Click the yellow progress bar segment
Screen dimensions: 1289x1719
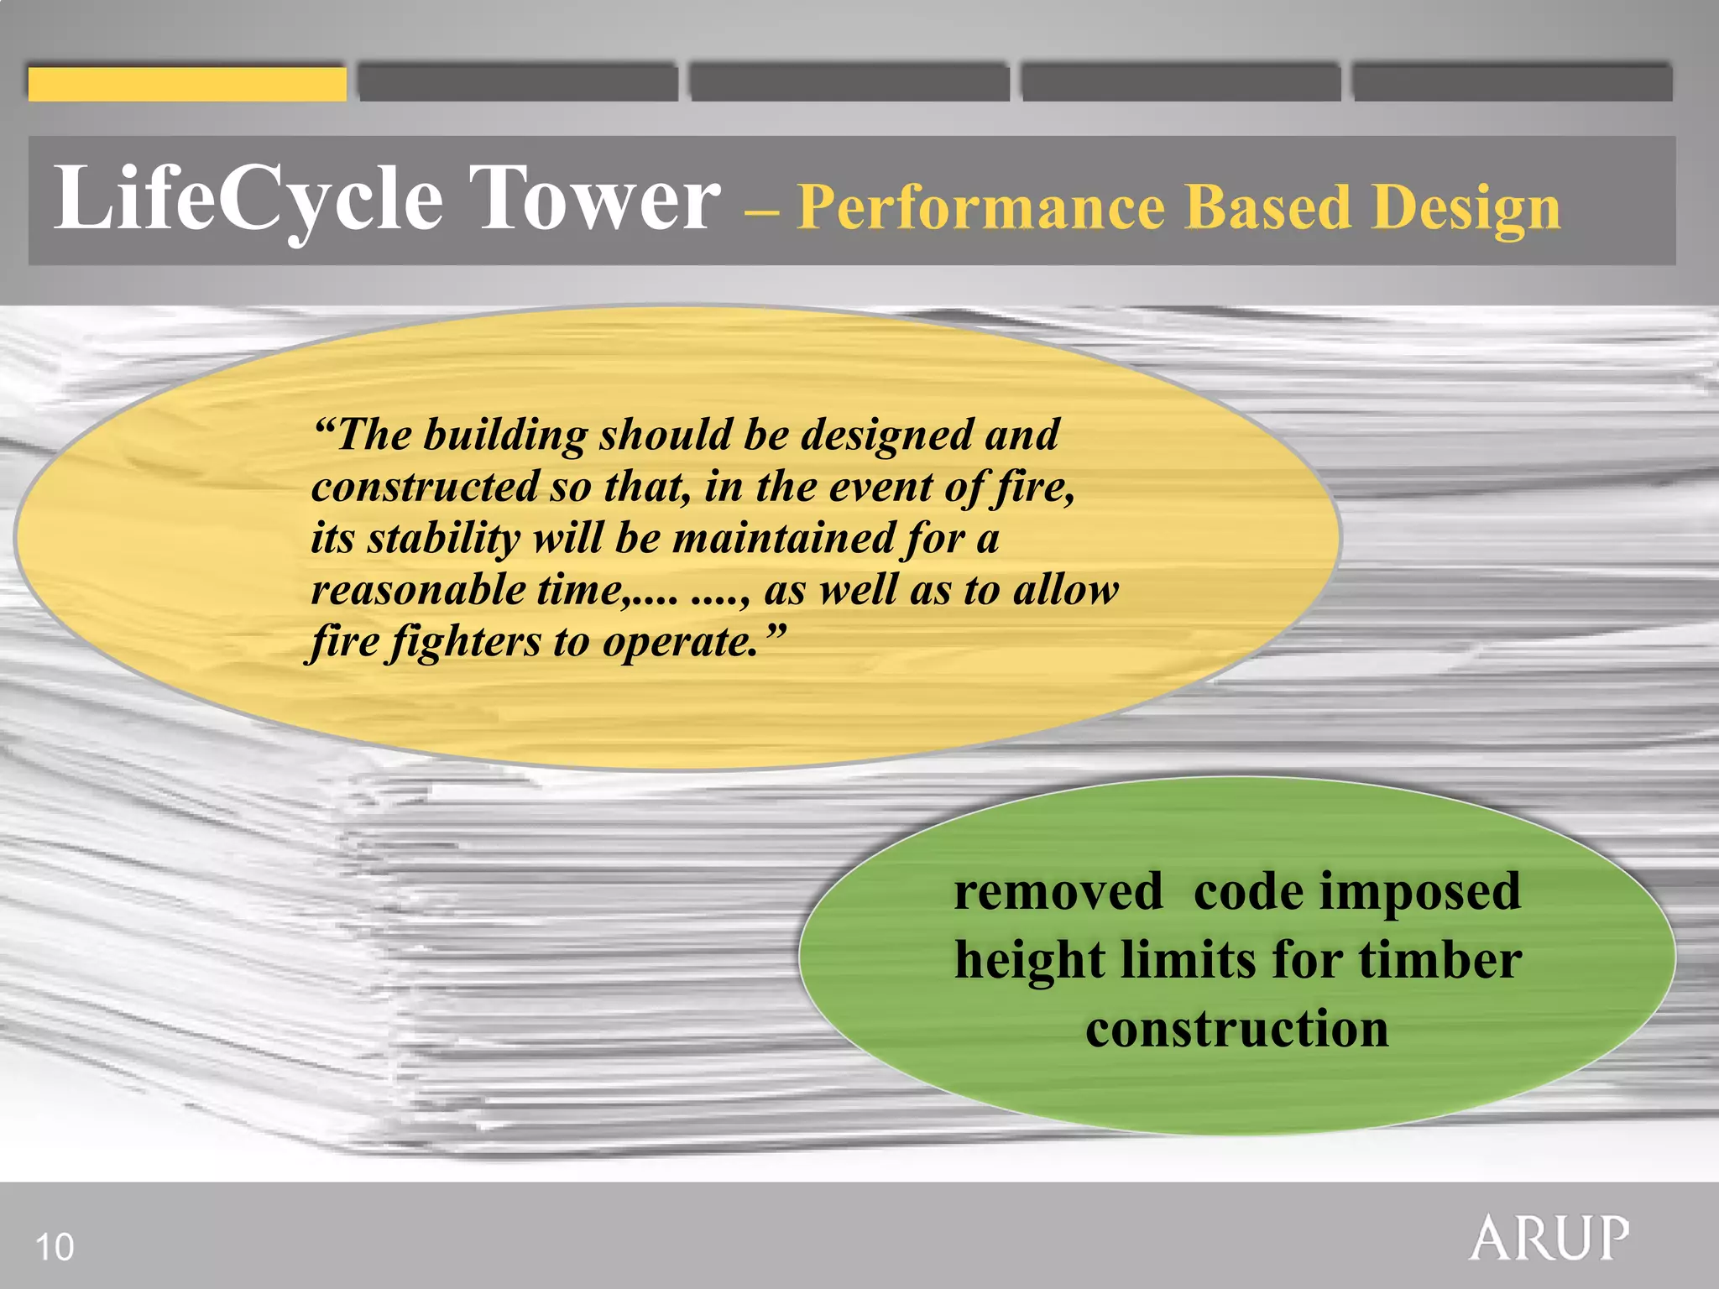(x=186, y=84)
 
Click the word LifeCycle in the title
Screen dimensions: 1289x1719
(x=248, y=200)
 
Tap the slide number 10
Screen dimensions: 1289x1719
(x=55, y=1247)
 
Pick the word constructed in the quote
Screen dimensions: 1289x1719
(x=425, y=487)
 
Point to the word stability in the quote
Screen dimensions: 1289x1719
(x=444, y=539)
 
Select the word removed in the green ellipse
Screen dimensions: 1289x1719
(x=1058, y=891)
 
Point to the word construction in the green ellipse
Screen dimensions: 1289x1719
(x=1236, y=1029)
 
